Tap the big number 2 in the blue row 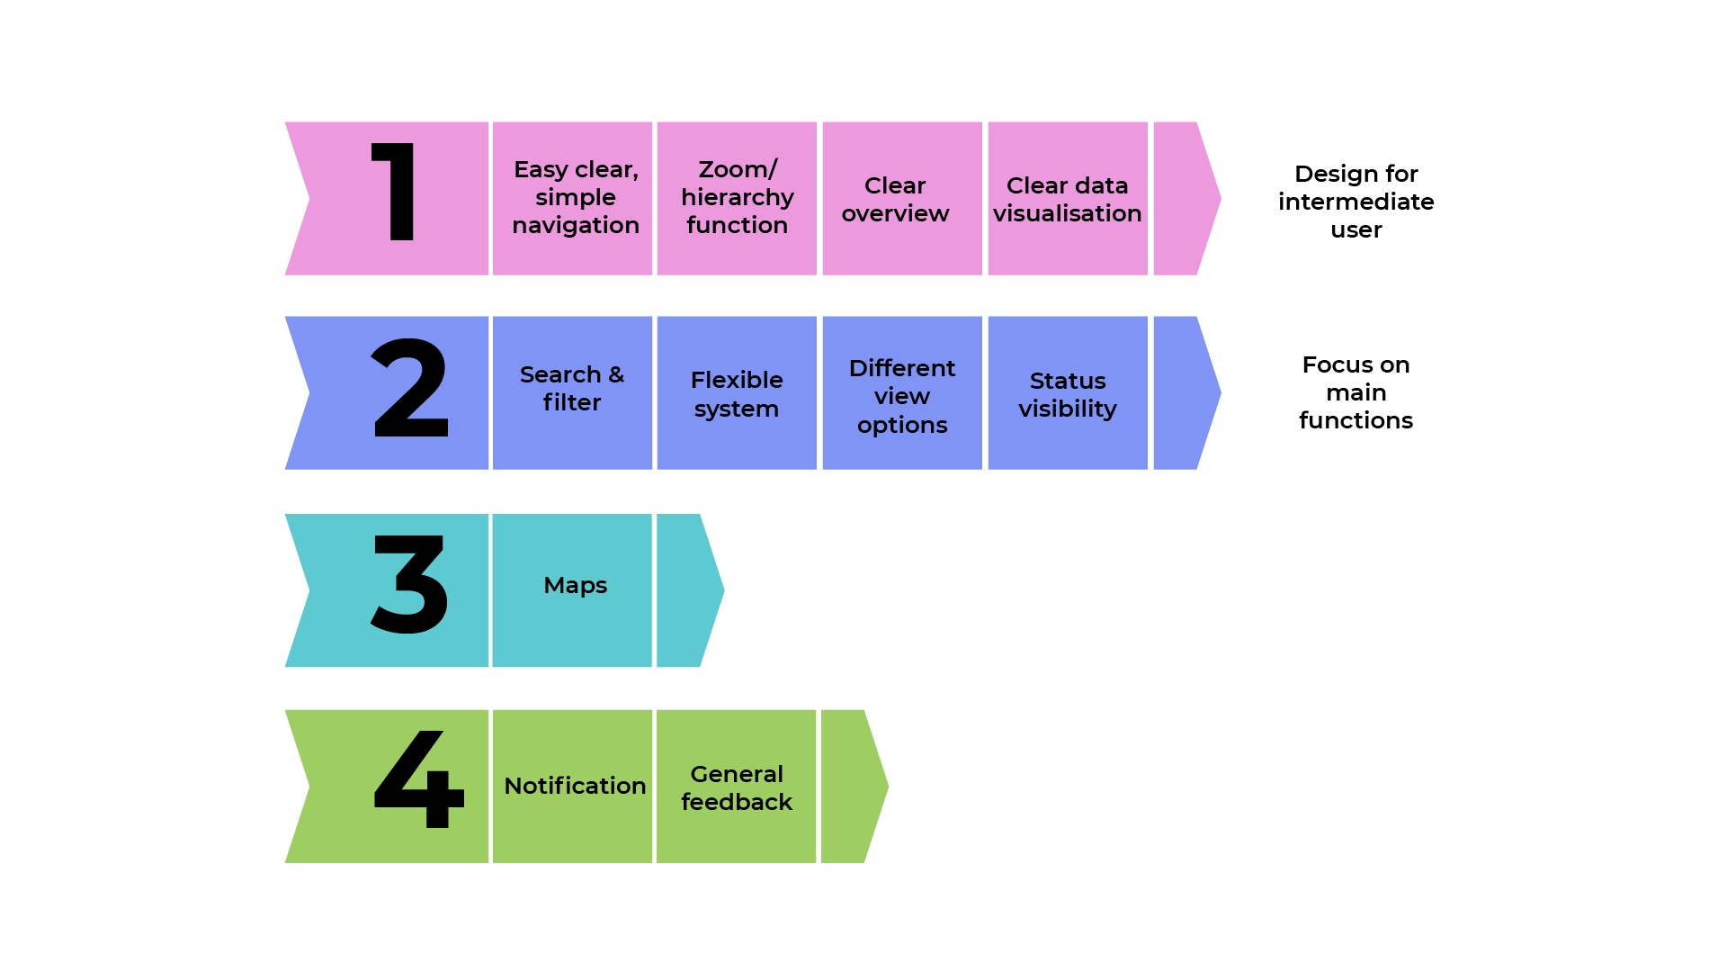coord(410,389)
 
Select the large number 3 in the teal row coord(409,584)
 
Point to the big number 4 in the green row coord(418,779)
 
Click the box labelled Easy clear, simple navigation coord(573,198)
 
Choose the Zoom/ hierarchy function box coord(737,198)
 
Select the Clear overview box coord(901,198)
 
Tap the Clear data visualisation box coord(1067,198)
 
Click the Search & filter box coord(573,392)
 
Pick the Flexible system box coord(737,392)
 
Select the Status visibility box coord(1067,392)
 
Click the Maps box coord(573,590)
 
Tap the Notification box coord(573,786)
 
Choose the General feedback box coord(737,786)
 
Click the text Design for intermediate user coord(1356,202)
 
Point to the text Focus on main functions coord(1356,392)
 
